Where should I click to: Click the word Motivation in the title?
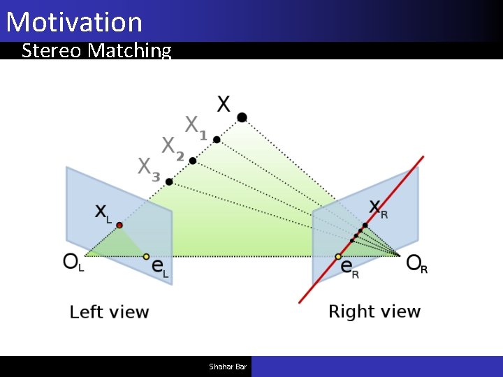click(74, 22)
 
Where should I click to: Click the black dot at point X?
click(242, 117)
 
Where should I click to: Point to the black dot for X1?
click(217, 140)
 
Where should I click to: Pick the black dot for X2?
click(193, 161)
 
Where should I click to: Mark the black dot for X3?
click(169, 182)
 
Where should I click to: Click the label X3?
click(149, 168)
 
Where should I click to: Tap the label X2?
click(173, 147)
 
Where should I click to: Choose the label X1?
click(196, 126)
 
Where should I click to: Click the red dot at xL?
click(119, 225)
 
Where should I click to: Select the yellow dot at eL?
click(146, 256)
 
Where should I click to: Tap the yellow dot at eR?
click(338, 256)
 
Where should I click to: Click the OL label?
click(73, 263)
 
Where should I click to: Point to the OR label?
click(417, 264)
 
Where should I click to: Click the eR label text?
click(350, 270)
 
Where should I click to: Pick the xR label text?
click(378, 208)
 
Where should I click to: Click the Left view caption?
click(110, 312)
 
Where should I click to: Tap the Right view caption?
click(374, 311)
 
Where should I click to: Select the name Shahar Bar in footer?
click(228, 367)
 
